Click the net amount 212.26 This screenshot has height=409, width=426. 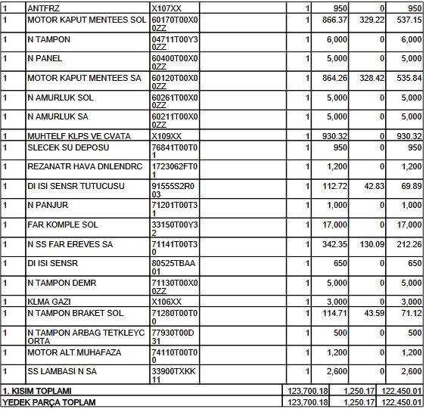click(x=409, y=245)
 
